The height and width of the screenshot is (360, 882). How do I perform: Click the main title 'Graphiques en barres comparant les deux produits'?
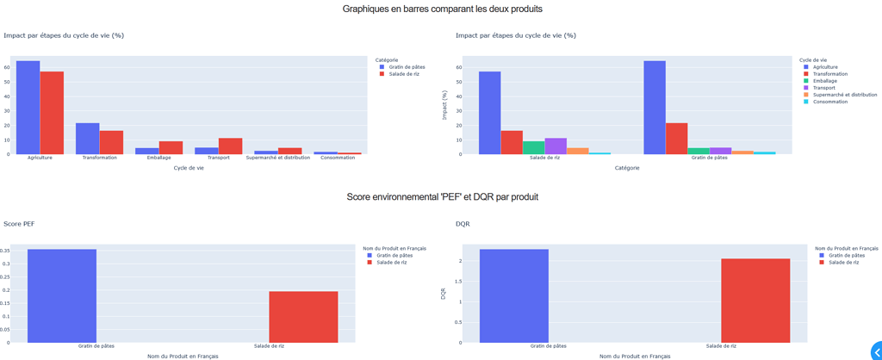click(x=442, y=9)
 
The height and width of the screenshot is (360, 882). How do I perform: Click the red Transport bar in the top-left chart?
click(x=230, y=146)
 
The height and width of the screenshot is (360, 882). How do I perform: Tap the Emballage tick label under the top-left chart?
click(x=158, y=158)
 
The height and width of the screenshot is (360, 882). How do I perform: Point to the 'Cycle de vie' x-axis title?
click(x=189, y=168)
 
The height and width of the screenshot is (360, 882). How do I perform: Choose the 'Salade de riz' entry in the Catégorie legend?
click(x=404, y=74)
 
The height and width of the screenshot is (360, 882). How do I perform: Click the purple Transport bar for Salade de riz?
click(x=556, y=146)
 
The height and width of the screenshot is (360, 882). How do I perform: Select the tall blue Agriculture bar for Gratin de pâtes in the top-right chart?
click(x=655, y=108)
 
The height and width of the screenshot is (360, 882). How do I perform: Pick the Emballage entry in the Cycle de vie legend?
click(x=824, y=81)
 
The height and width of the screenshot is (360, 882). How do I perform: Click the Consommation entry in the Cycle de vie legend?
click(x=829, y=102)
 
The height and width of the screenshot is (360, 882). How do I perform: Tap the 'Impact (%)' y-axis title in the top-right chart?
click(x=444, y=105)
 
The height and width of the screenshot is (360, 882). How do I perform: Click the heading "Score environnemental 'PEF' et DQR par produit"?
click(x=442, y=197)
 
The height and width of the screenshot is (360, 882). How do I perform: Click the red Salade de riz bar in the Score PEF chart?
click(x=303, y=317)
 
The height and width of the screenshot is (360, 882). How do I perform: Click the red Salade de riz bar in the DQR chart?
click(x=755, y=301)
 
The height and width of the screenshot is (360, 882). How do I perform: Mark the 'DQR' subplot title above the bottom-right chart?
click(x=463, y=224)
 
